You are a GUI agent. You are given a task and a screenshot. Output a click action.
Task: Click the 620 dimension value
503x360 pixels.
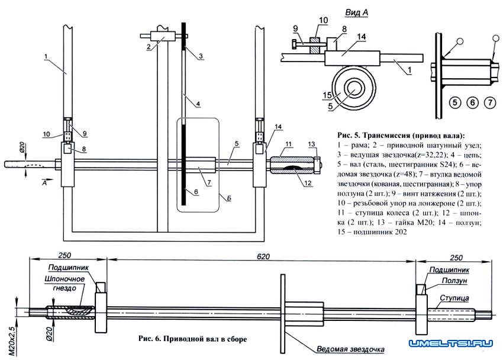tap(263, 257)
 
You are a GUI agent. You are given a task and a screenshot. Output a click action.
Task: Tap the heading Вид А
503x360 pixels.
tap(356, 12)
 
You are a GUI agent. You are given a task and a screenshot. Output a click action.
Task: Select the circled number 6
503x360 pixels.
tap(472, 102)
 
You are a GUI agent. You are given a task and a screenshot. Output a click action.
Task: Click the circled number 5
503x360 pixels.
tap(455, 102)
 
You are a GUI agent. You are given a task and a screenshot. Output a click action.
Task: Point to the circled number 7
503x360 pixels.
tap(490, 102)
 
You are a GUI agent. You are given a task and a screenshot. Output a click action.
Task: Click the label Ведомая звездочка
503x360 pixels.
tap(350, 349)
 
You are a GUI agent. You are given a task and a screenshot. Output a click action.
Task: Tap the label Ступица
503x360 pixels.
tap(454, 298)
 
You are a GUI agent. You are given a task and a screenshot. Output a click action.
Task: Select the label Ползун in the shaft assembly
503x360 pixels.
tap(454, 281)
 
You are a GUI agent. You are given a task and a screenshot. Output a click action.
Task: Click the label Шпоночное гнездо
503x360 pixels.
tap(65, 283)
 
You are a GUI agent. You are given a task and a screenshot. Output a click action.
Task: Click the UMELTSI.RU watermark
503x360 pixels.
tap(450, 343)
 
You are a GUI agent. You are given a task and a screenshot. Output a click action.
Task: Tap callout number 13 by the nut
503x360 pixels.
tap(311, 144)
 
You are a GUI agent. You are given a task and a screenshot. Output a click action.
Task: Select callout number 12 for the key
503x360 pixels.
tap(308, 183)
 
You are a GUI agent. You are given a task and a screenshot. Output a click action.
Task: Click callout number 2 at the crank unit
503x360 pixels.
tap(149, 47)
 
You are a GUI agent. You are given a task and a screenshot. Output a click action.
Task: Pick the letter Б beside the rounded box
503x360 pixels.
tap(229, 198)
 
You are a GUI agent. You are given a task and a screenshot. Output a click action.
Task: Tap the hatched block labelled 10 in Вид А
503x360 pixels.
tap(315, 44)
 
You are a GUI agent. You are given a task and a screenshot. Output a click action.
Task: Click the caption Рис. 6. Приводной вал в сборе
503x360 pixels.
tap(193, 339)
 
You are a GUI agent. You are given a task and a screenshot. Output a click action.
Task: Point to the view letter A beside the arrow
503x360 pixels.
tap(44, 183)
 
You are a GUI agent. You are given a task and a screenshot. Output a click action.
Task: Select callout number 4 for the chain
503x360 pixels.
tap(198, 104)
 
